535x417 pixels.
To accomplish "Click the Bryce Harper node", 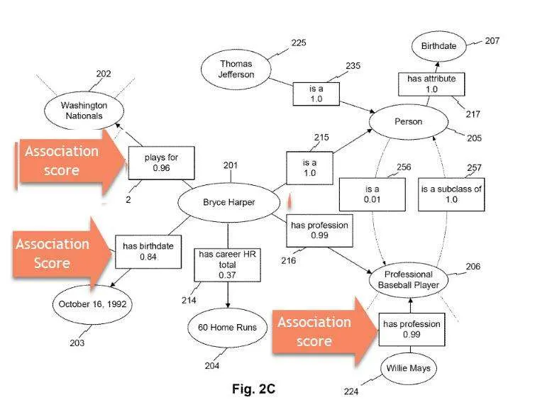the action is (x=229, y=202).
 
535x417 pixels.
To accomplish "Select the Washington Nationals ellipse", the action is (x=84, y=111).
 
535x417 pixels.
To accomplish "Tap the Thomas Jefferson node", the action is (x=236, y=69).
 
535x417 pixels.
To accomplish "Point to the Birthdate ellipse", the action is (x=439, y=46).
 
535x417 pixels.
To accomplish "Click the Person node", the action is (x=409, y=122).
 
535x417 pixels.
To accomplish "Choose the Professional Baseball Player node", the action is (x=409, y=279).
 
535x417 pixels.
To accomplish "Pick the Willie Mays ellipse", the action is (x=409, y=368).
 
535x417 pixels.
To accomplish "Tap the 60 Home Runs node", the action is (x=227, y=328).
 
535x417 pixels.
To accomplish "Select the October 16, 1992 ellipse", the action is (x=92, y=304).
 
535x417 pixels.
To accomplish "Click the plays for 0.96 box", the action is (x=161, y=163).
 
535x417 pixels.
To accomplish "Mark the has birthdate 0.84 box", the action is (x=148, y=252).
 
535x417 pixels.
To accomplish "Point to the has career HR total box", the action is (x=227, y=265).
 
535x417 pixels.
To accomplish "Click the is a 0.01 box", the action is (x=373, y=194).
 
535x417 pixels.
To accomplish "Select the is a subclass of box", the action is (x=451, y=194).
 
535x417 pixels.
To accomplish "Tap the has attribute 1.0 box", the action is (x=431, y=84).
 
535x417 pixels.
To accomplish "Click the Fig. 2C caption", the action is (x=253, y=389).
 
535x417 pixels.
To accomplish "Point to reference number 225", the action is (x=299, y=43).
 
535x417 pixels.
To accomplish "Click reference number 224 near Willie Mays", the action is (x=351, y=391).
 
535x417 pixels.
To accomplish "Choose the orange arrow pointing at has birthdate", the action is (x=62, y=253).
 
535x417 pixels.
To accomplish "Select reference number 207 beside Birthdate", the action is (x=492, y=41).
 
